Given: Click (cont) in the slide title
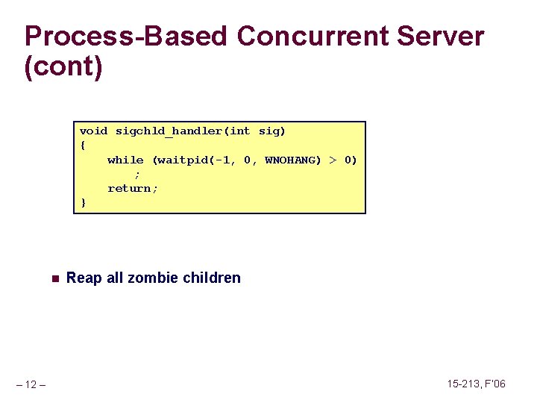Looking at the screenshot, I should coord(63,67).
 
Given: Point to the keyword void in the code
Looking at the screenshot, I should coord(93,131).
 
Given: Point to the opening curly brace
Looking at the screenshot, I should coord(83,146).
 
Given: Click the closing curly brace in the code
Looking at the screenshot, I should coord(83,202).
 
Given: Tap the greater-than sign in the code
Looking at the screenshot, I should coord(333,160).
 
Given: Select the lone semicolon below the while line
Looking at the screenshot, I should coord(137,174).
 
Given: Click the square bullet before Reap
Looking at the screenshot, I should coord(54,278).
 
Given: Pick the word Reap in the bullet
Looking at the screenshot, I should coord(84,278).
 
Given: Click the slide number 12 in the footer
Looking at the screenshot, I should coord(31,384).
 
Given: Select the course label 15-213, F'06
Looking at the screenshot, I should coord(476,384).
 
